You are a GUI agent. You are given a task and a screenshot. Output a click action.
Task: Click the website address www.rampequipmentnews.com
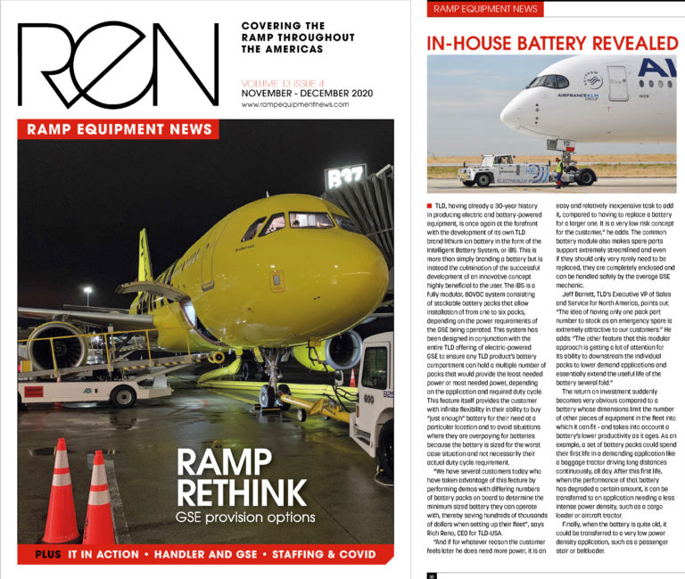293,104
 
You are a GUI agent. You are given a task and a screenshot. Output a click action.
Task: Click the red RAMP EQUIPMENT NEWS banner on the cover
117,128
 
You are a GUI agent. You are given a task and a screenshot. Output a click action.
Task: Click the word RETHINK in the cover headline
252,490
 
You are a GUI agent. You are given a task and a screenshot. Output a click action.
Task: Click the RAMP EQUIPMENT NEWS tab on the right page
485,9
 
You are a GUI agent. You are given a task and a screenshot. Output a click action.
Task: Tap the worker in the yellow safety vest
559,172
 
